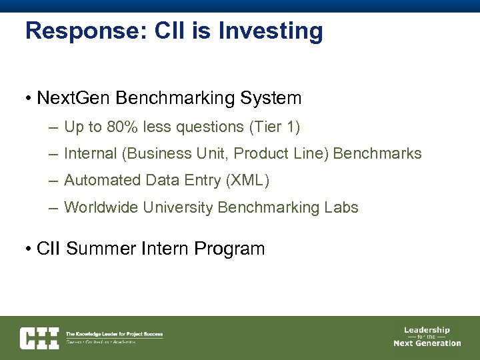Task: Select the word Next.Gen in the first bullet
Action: (73, 99)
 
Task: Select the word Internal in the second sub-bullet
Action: (90, 154)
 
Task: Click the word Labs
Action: (341, 208)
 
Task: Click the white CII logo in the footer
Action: (39, 338)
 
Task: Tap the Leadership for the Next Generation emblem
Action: (427, 337)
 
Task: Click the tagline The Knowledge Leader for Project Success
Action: (114, 334)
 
